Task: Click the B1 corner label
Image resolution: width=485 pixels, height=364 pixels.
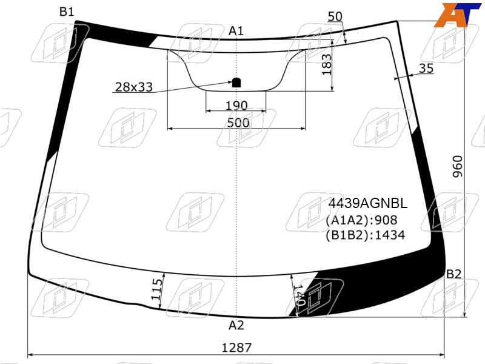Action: pos(67,12)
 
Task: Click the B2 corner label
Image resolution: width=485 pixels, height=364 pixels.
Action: pos(453,274)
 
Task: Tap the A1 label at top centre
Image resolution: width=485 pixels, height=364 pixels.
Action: pos(236,31)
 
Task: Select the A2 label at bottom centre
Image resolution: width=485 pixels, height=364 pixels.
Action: pos(236,325)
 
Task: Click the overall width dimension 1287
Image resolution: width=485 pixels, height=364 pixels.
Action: pos(236,348)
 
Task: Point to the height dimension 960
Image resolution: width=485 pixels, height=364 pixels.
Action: pos(458,166)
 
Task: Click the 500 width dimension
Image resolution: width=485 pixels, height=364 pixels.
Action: pos(238,123)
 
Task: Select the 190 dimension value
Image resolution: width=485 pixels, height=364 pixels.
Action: pos(236,106)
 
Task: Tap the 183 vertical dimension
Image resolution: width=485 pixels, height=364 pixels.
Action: pos(327,64)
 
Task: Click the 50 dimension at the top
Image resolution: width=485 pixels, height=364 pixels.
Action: pos(335,16)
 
